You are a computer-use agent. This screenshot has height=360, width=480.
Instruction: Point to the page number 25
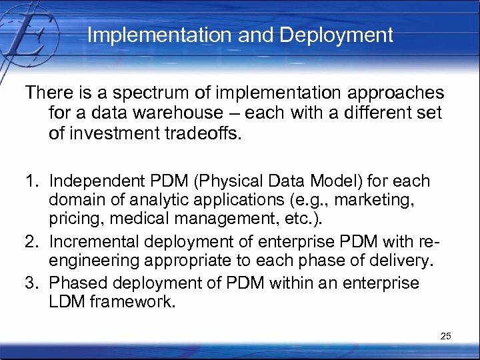click(x=446, y=336)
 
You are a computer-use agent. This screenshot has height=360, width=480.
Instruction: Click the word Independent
click(x=97, y=181)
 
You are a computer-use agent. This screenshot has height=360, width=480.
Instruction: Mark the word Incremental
click(x=95, y=241)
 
